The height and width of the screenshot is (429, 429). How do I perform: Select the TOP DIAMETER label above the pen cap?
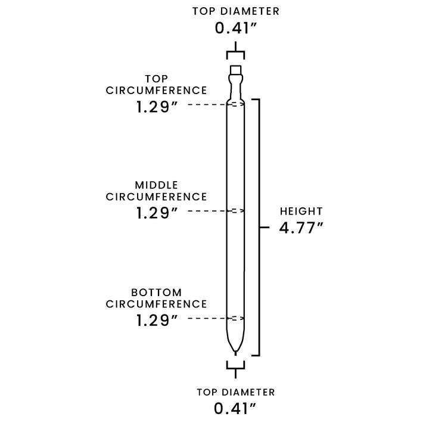coord(235,11)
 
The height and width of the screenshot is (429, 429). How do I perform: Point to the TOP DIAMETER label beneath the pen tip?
coord(235,392)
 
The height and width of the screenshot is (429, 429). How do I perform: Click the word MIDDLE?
coord(157,185)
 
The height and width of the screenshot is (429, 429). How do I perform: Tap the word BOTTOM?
coord(157,292)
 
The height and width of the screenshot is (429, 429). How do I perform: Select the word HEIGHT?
coord(301,211)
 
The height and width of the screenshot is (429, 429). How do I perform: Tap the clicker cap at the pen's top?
coord(235,72)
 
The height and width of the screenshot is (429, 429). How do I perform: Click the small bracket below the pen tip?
coord(235,365)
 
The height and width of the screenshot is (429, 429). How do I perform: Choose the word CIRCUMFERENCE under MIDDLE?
coord(157,197)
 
